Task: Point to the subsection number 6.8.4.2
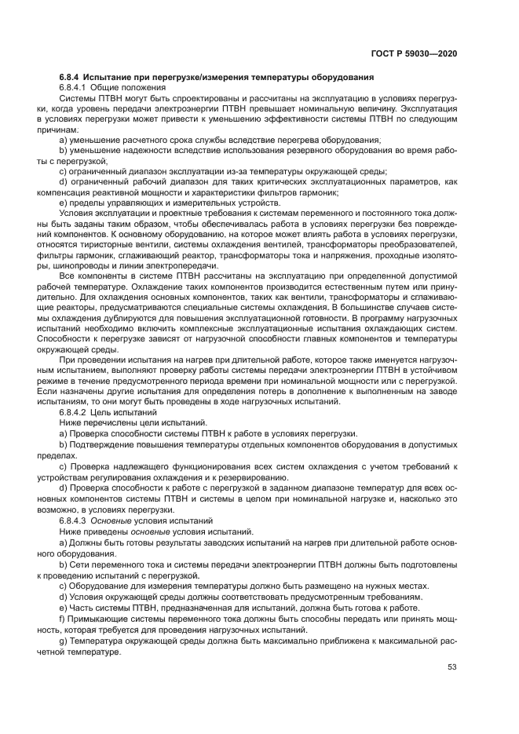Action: pyautogui.click(x=75, y=411)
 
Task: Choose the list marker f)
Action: pyautogui.click(x=63, y=619)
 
